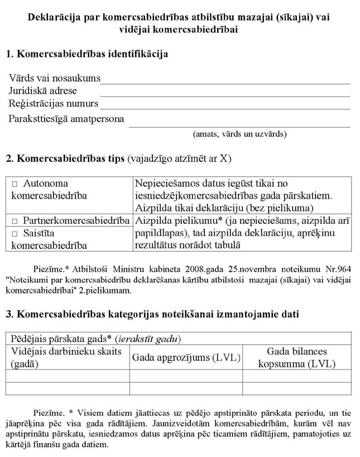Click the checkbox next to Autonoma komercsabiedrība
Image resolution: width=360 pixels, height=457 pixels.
click(15, 184)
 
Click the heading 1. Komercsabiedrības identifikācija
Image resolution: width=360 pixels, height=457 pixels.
click(87, 54)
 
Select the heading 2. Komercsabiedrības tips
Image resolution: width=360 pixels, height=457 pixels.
click(118, 158)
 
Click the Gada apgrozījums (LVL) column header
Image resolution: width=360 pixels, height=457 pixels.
click(186, 358)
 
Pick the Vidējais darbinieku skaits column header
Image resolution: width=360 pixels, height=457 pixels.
click(66, 358)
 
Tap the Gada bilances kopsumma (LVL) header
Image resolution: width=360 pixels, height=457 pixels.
click(296, 358)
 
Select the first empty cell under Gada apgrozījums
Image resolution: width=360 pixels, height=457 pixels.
click(186, 376)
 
